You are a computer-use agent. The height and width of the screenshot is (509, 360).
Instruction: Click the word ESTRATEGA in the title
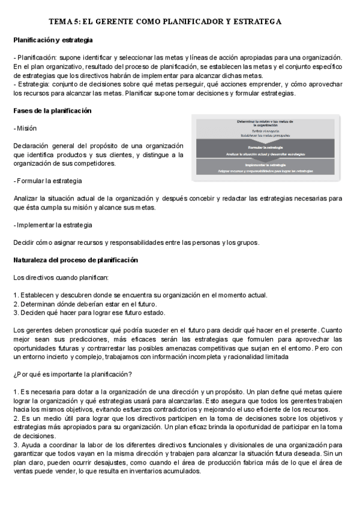[x=254, y=22]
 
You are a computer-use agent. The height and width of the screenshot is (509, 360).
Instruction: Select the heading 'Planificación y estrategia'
[x=53, y=40]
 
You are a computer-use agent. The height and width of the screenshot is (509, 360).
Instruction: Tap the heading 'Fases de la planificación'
[x=52, y=111]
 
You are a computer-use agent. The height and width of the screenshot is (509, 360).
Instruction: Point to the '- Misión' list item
[x=25, y=128]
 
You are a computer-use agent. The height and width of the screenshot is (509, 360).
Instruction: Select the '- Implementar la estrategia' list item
[x=52, y=225]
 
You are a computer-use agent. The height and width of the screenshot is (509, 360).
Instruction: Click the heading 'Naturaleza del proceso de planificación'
[x=76, y=260]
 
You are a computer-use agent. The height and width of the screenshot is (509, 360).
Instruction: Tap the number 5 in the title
[x=75, y=22]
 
